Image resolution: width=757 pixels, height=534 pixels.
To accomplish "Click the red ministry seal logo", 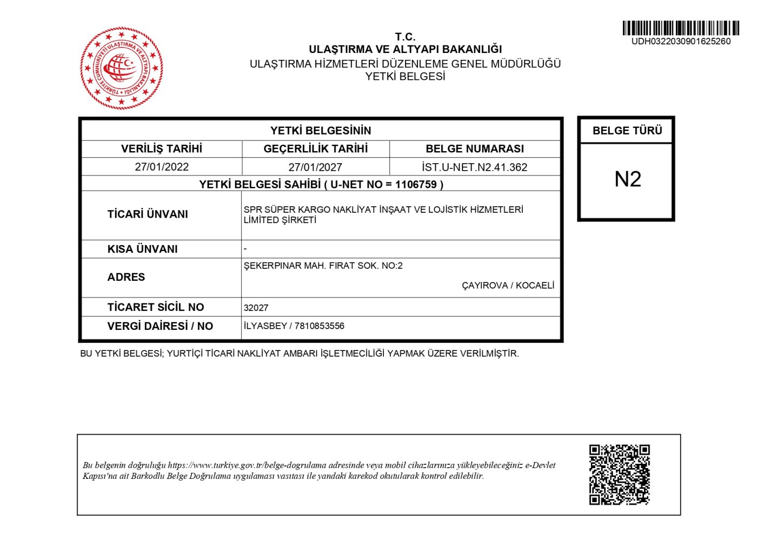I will point(122,68).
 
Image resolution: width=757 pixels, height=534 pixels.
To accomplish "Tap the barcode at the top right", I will point(681,28).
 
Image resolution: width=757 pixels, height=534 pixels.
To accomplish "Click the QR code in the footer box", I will point(619,475).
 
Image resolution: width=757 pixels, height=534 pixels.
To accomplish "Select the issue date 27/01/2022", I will point(162,167).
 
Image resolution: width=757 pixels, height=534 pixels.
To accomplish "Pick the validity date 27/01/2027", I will point(315,167).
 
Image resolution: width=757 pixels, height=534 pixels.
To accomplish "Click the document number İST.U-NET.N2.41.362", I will point(474,167).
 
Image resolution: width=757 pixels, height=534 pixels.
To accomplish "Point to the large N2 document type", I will point(627,179).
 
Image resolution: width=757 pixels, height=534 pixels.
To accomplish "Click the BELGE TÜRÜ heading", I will point(627,131).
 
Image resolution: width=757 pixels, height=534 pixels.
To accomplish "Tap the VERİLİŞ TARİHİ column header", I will point(162,148).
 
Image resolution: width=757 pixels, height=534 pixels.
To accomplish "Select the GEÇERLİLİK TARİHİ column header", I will point(315,148).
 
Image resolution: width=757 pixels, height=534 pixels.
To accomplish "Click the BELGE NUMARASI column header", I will point(474,148).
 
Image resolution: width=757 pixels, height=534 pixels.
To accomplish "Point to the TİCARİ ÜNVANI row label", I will point(148,214).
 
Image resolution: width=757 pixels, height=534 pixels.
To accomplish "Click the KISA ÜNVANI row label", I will point(142,249).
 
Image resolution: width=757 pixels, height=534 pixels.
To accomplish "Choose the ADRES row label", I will point(126,277).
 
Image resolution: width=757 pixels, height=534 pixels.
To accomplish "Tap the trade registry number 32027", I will point(256,308).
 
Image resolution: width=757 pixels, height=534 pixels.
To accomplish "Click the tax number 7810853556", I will point(319,326).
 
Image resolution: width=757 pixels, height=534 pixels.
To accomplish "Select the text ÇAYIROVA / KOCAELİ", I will point(508,285).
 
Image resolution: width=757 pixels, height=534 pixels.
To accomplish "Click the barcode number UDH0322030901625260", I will point(681,42).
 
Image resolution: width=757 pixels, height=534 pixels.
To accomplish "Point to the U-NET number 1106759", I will point(416,185).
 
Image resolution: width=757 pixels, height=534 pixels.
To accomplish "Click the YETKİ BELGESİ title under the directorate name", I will point(405,77).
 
